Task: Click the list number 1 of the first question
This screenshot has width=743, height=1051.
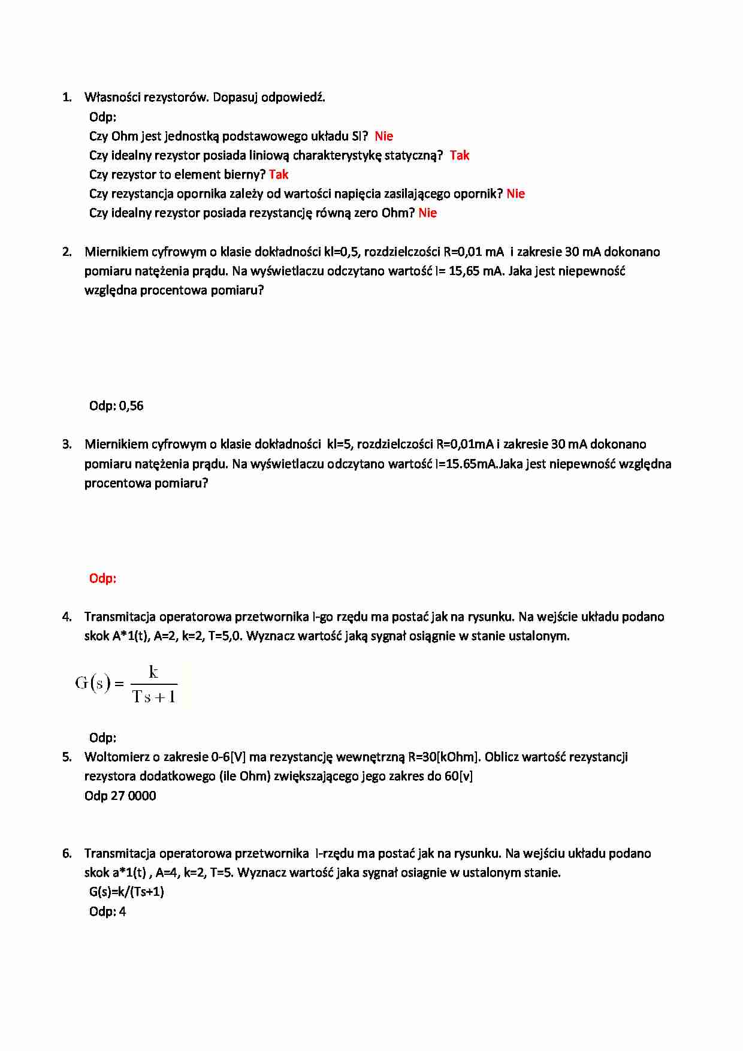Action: coord(67,97)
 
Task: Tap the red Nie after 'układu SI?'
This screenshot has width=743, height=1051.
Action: coord(383,136)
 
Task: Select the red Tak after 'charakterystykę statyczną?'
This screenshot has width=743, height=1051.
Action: coord(460,155)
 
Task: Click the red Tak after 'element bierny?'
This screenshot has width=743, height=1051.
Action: coord(279,174)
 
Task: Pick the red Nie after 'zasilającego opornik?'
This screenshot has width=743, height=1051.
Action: coord(515,194)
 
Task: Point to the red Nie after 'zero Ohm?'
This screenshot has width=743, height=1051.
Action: coord(427,213)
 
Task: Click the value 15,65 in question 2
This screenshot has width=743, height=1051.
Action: coord(464,271)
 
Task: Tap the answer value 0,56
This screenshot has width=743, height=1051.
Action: coord(131,406)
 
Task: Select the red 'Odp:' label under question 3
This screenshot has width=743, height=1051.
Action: coord(102,578)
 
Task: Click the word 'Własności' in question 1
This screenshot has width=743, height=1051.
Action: coord(113,97)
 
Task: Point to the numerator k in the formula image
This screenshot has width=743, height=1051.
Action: coord(153,672)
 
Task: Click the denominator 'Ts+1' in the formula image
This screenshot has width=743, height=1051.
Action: coord(154,697)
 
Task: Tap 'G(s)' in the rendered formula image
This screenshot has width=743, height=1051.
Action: coord(93,683)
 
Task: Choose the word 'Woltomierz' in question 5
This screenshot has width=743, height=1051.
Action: coord(117,757)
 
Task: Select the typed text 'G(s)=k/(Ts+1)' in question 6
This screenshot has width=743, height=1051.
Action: coord(126,892)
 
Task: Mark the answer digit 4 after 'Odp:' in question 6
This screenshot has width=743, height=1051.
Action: coord(123,911)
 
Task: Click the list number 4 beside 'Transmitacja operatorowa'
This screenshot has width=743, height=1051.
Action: coord(67,617)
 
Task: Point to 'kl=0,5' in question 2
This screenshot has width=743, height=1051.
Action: coord(342,252)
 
